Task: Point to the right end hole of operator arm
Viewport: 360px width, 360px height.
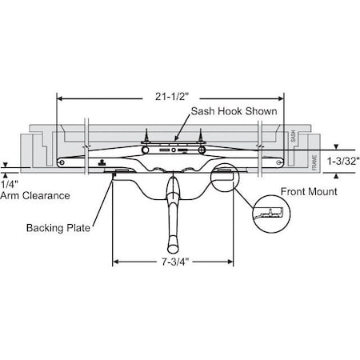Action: coord(278,162)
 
